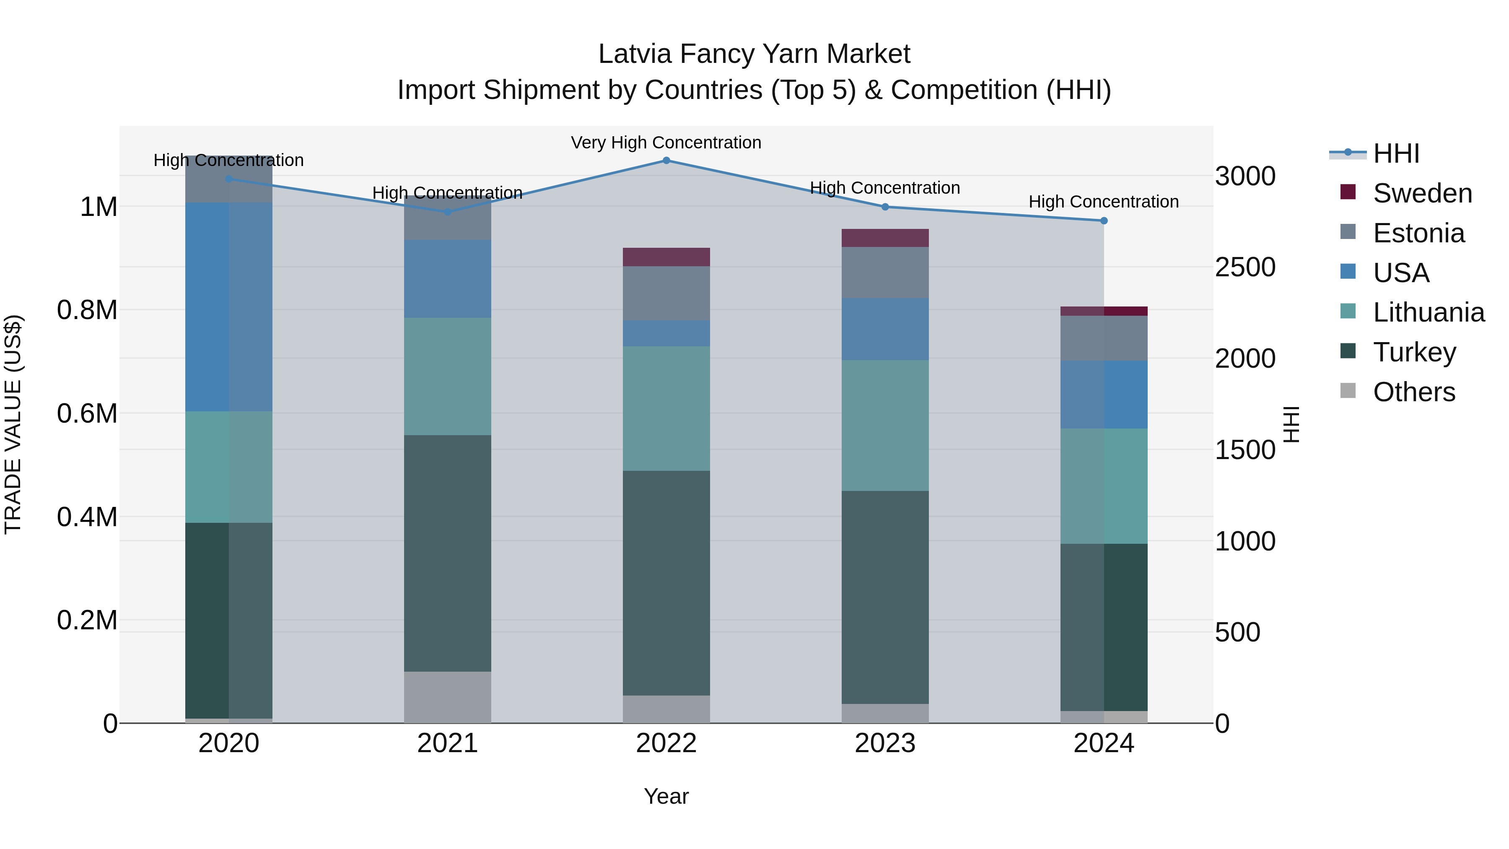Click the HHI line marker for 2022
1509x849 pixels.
click(666, 161)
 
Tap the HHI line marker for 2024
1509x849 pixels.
click(1104, 221)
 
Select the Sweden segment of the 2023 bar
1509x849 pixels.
click(885, 238)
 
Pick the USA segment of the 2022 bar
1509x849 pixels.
click(666, 333)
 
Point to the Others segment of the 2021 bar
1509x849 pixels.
click(448, 697)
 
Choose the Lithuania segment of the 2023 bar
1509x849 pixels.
click(885, 426)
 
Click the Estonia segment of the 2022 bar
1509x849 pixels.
click(666, 293)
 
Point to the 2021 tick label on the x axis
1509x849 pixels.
click(448, 743)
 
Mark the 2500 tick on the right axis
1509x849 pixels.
click(1245, 267)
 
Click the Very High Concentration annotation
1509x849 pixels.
click(666, 143)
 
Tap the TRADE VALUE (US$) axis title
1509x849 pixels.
click(13, 424)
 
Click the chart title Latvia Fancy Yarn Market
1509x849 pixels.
click(754, 54)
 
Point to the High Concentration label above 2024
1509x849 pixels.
click(1104, 202)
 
